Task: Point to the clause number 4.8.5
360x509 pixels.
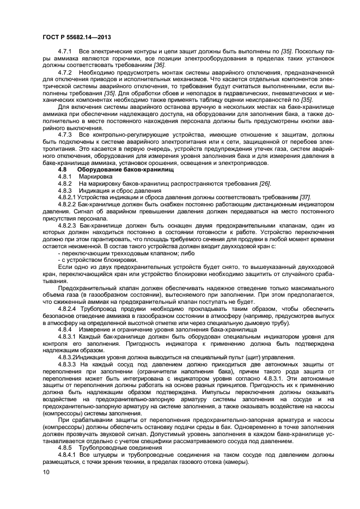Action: pyautogui.click(x=65, y=446)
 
